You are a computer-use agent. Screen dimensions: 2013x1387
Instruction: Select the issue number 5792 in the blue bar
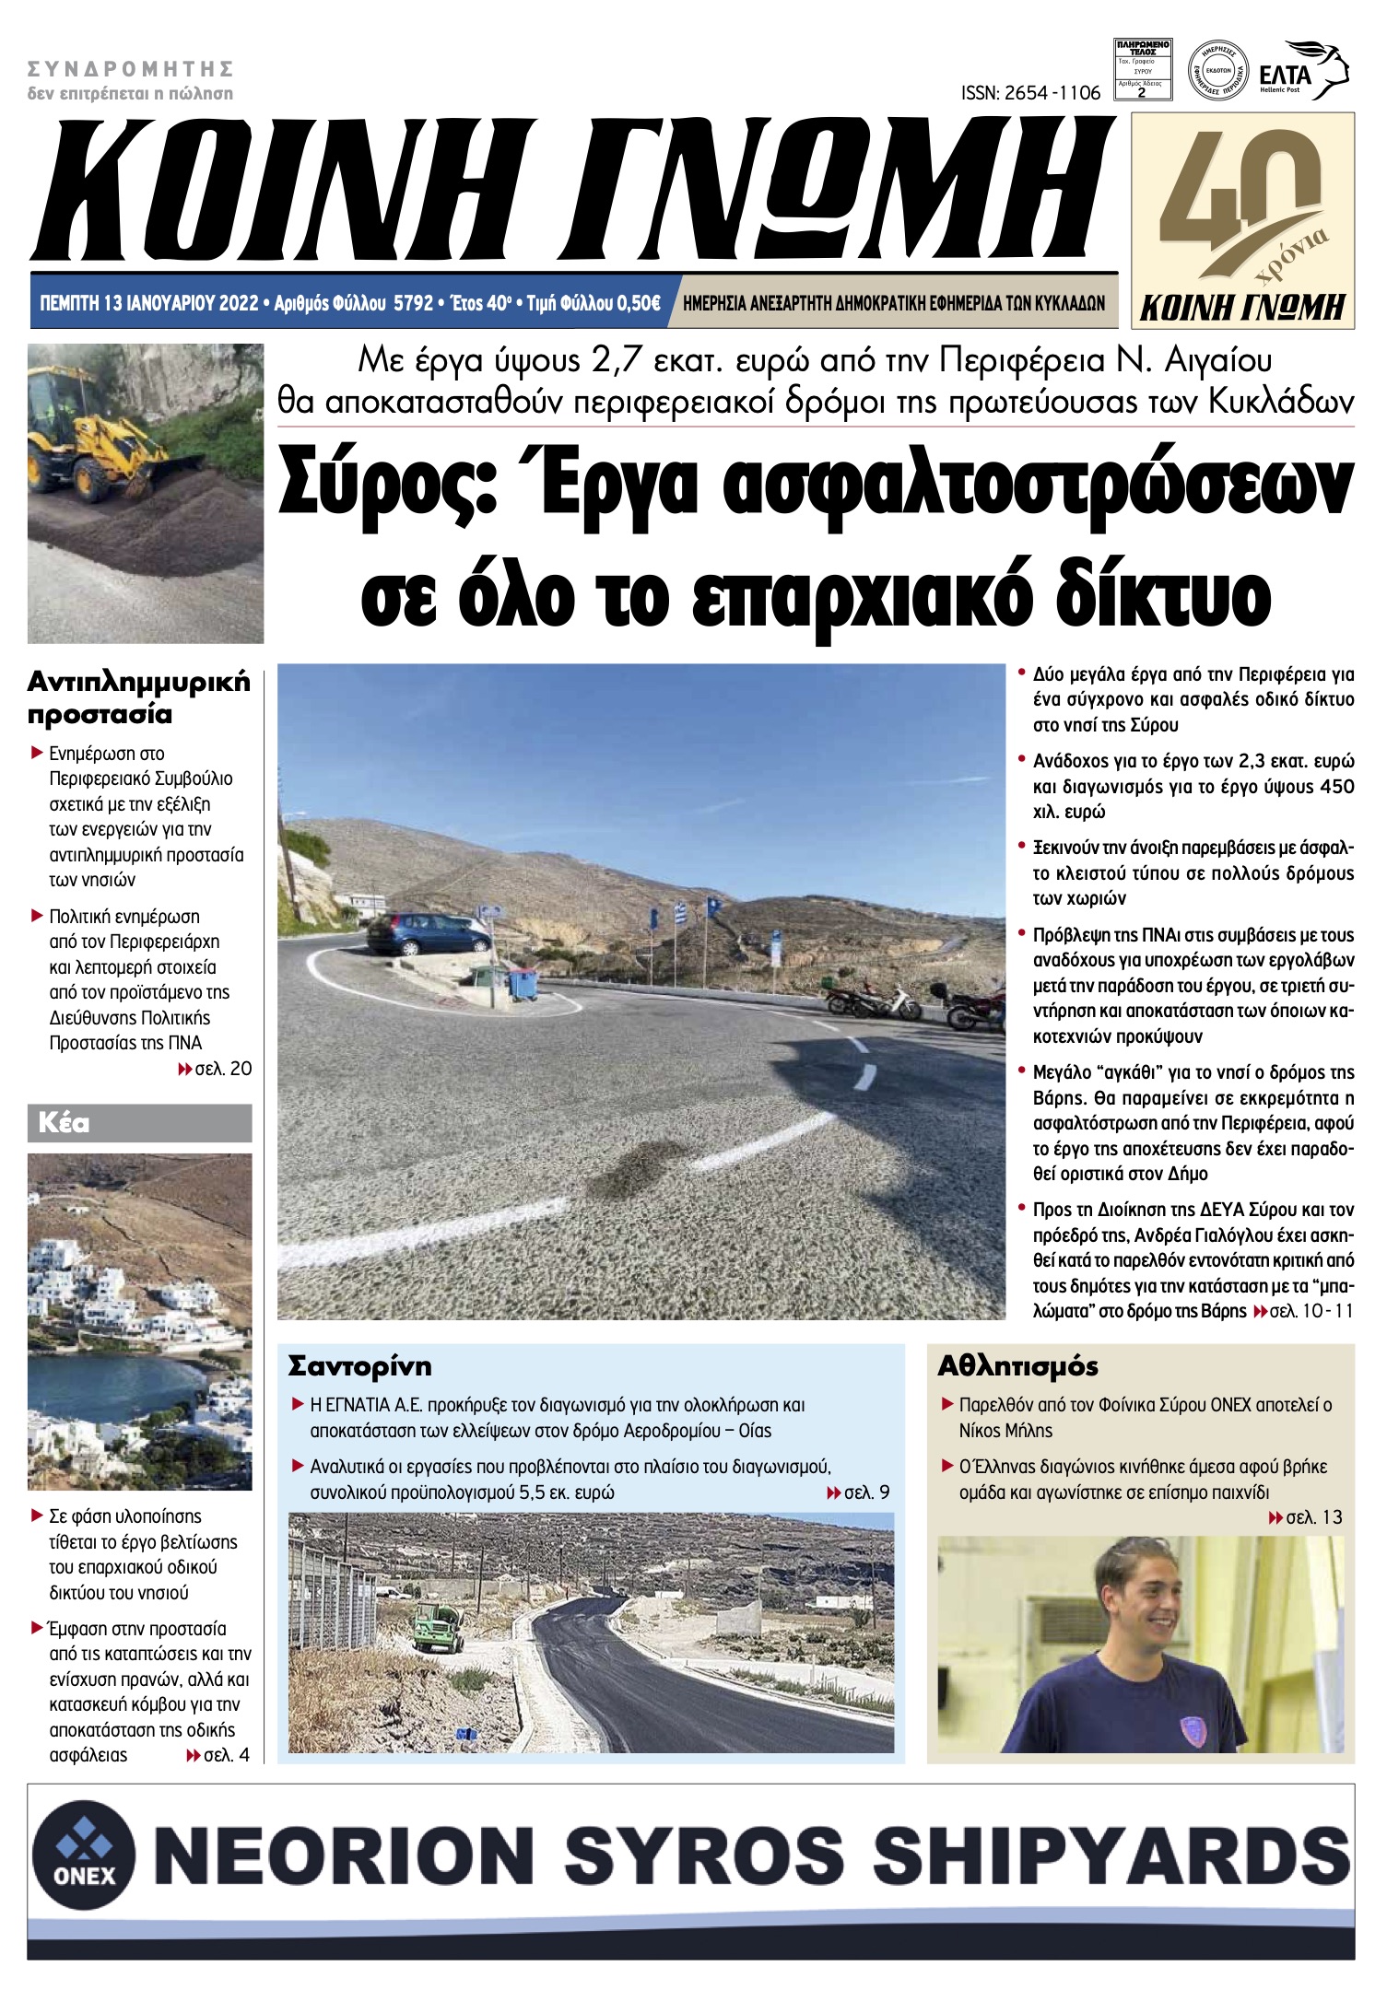pos(413,303)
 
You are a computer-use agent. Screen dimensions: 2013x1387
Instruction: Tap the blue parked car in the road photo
pos(429,932)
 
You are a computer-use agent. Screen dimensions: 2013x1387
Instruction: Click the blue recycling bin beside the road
pos(523,984)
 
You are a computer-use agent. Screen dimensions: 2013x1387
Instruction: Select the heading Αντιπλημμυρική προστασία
pos(138,697)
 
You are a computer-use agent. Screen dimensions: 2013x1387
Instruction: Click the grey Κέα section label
pos(65,1123)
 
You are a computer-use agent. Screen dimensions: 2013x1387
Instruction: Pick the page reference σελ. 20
pos(222,1069)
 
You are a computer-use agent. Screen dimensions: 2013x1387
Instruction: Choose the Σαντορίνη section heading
pos(359,1365)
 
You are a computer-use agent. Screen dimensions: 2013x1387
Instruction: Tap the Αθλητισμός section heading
pos(1017,1365)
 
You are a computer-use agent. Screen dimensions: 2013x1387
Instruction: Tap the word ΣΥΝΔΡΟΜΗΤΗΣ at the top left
pos(130,68)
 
